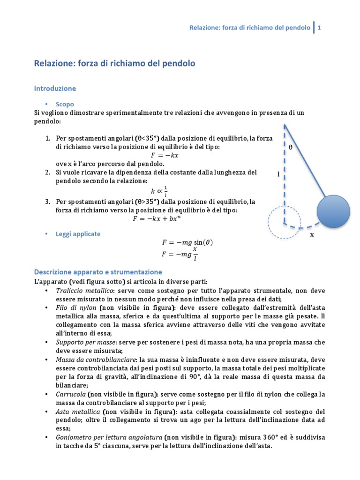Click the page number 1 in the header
[319, 28]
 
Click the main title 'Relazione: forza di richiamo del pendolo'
[115, 63]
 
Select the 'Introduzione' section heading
[55, 88]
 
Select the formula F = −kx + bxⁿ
[159, 219]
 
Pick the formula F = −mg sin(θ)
[187, 242]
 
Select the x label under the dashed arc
[311, 235]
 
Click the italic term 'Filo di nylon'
[76, 307]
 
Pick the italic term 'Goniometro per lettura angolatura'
[109, 437]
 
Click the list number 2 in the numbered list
[48, 172]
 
